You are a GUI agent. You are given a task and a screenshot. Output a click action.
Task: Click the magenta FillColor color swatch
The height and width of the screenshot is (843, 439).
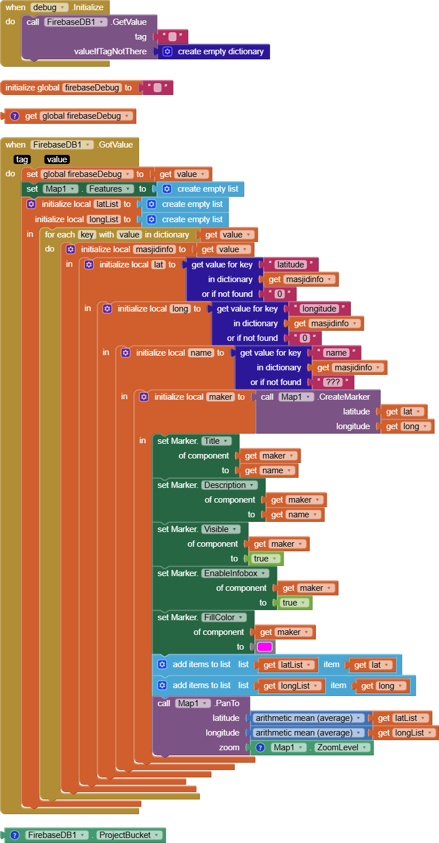(x=264, y=647)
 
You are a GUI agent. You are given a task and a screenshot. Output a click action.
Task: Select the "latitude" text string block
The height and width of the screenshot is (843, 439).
(x=290, y=264)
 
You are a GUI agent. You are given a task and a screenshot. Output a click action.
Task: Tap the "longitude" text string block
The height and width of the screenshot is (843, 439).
(x=319, y=308)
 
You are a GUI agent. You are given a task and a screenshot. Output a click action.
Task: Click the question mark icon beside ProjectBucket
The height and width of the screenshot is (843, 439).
(x=15, y=835)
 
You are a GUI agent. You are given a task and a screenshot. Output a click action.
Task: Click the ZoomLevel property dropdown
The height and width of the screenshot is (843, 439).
(x=342, y=747)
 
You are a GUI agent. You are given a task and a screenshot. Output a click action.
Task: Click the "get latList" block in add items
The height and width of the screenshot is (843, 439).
(x=287, y=665)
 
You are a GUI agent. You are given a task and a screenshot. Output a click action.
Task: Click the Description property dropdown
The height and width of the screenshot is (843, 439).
(x=229, y=485)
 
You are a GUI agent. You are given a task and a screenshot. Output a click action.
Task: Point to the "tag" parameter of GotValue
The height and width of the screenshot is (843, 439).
(x=22, y=159)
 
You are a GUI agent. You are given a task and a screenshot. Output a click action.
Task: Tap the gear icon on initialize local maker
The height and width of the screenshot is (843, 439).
(x=144, y=397)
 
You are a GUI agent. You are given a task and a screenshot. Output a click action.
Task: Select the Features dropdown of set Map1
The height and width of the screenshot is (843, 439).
(x=110, y=189)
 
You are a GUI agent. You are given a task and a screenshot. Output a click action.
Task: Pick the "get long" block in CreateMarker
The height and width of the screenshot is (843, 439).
(x=407, y=426)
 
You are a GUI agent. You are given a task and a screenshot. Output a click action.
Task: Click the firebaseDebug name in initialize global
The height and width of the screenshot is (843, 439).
(x=92, y=88)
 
